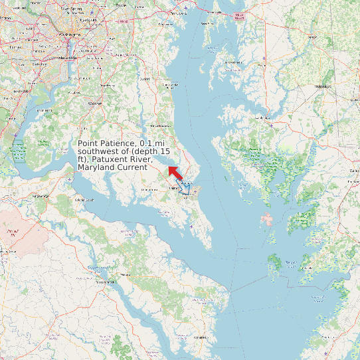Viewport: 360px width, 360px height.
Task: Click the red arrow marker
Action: (x=175, y=173)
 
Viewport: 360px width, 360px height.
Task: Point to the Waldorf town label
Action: (x=96, y=104)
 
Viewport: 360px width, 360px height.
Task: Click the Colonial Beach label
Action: (x=84, y=199)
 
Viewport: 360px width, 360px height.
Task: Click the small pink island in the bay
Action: (x=267, y=219)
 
